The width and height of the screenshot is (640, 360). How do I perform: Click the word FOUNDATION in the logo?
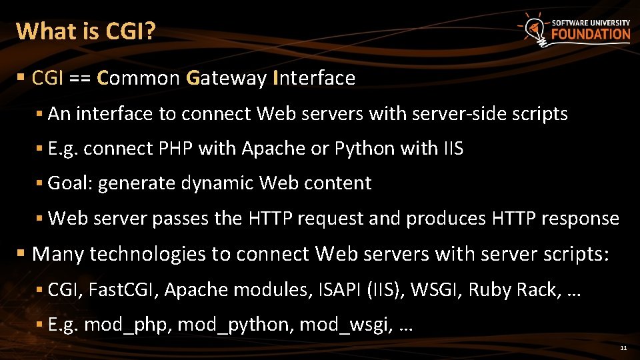[x=591, y=35]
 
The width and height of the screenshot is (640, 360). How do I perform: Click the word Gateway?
[x=227, y=79]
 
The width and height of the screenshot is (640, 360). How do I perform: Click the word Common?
[x=139, y=79]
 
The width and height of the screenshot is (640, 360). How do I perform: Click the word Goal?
[x=70, y=183]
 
